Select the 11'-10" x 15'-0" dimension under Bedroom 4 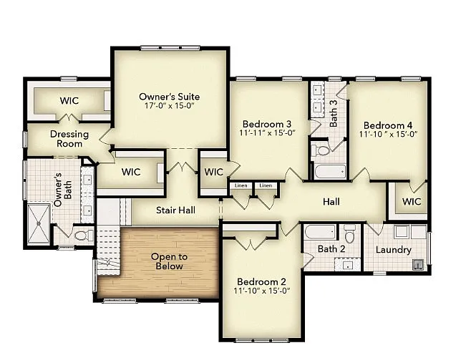(388, 133)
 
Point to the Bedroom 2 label (261, 281)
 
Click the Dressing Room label (69, 139)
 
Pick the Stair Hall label (175, 210)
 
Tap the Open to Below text (167, 261)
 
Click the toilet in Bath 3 (322, 150)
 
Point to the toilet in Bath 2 (349, 235)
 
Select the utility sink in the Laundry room (416, 263)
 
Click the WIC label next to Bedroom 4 (412, 202)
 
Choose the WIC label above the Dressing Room (69, 100)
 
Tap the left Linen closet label (241, 186)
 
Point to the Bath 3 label (334, 112)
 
